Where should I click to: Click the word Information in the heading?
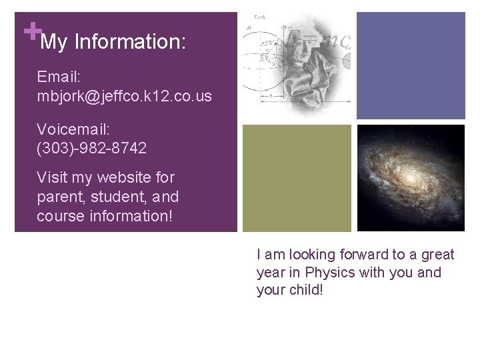pyautogui.click(x=130, y=43)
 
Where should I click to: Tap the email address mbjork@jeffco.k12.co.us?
pyautogui.click(x=125, y=96)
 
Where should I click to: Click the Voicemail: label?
pyautogui.click(x=73, y=129)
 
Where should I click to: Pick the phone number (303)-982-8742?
pyautogui.click(x=92, y=148)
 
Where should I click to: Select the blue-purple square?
pyautogui.click(x=410, y=65)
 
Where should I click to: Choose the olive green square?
pyautogui.click(x=296, y=178)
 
